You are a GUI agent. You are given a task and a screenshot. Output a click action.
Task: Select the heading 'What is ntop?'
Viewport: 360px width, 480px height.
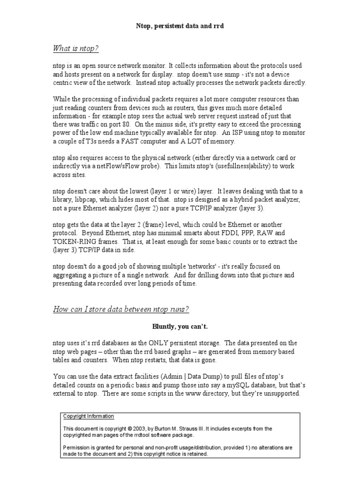pyautogui.click(x=75, y=49)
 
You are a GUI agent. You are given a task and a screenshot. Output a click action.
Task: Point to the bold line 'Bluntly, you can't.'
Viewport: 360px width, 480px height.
pyautogui.click(x=180, y=327)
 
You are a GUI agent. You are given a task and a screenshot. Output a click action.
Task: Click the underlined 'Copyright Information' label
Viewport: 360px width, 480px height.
pyautogui.click(x=89, y=416)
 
